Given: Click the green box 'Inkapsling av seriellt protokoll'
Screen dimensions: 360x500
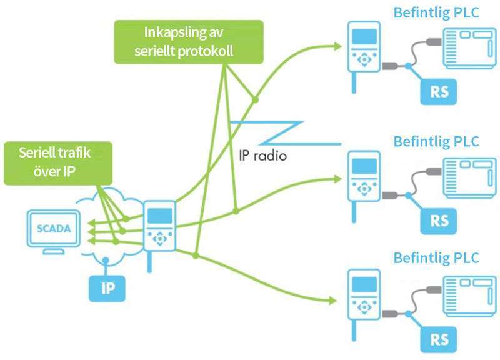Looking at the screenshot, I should pos(187,42).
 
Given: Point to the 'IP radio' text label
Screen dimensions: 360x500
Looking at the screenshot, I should pos(263,155).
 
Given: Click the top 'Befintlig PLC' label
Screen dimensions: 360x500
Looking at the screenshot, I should pos(436,12).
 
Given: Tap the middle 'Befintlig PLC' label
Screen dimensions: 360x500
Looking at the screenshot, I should pos(436,141).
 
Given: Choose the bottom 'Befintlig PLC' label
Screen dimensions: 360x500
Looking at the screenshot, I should pos(436,257).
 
